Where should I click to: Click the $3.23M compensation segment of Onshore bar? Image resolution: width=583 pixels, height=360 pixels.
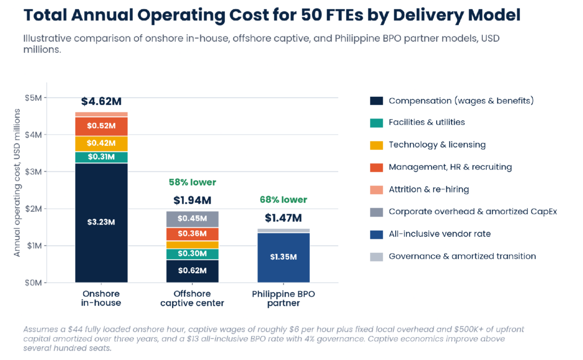[101, 223]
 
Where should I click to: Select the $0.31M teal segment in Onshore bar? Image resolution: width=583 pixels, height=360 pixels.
[101, 157]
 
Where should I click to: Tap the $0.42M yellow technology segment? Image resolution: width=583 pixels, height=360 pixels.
[101, 144]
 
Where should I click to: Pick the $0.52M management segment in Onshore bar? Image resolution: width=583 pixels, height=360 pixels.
[101, 126]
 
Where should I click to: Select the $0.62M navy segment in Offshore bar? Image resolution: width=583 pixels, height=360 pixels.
[192, 271]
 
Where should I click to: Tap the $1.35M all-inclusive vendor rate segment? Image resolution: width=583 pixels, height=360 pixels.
[284, 257]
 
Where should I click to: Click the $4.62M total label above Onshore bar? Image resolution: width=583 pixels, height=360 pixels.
[101, 101]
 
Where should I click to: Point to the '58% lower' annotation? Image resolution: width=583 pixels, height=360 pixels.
[192, 182]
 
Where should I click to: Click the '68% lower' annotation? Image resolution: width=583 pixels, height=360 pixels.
[284, 200]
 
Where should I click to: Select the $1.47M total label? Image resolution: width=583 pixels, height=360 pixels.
[284, 218]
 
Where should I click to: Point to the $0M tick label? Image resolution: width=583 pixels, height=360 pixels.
[34, 283]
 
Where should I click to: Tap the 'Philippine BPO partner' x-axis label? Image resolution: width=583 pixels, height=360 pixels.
[284, 298]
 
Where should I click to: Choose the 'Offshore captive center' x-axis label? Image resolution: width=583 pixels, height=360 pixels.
[192, 298]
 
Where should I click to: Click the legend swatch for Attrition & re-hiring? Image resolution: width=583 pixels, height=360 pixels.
[376, 190]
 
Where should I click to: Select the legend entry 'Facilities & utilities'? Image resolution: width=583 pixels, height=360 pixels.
[417, 122]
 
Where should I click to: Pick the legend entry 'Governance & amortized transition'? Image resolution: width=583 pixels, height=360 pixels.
[453, 256]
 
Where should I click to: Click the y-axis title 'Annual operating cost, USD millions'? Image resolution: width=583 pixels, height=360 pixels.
[17, 183]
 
